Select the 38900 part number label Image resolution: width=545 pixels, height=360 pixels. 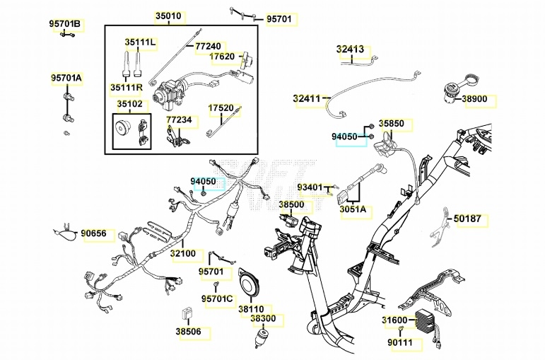tap(475, 100)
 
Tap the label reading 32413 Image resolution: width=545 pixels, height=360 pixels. tap(350, 50)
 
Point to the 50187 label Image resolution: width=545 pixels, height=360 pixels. tap(467, 219)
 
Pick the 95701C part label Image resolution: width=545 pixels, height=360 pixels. tap(216, 298)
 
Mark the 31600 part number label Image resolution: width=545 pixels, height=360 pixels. tap(395, 321)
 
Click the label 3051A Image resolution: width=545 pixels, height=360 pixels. tap(353, 209)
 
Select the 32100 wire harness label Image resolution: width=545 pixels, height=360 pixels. tap(184, 253)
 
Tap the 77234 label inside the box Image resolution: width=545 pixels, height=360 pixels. tap(179, 120)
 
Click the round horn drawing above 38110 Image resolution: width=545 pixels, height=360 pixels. tap(250, 284)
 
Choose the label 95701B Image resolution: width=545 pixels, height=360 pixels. tap(65, 24)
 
